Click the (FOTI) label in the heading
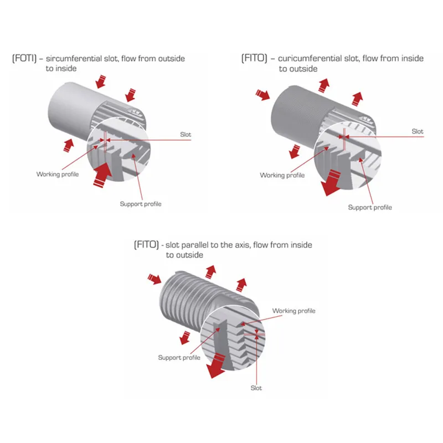tap(24, 58)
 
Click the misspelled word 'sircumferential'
tap(75, 58)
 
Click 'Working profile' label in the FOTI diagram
tap(58, 174)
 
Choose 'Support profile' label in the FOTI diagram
tap(141, 204)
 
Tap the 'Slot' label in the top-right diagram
tap(418, 131)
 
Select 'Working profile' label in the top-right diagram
tap(282, 175)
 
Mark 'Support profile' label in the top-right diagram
tap(369, 207)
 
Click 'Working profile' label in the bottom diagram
tap(293, 311)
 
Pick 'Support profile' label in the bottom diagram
tap(179, 357)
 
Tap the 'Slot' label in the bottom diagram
tap(256, 388)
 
